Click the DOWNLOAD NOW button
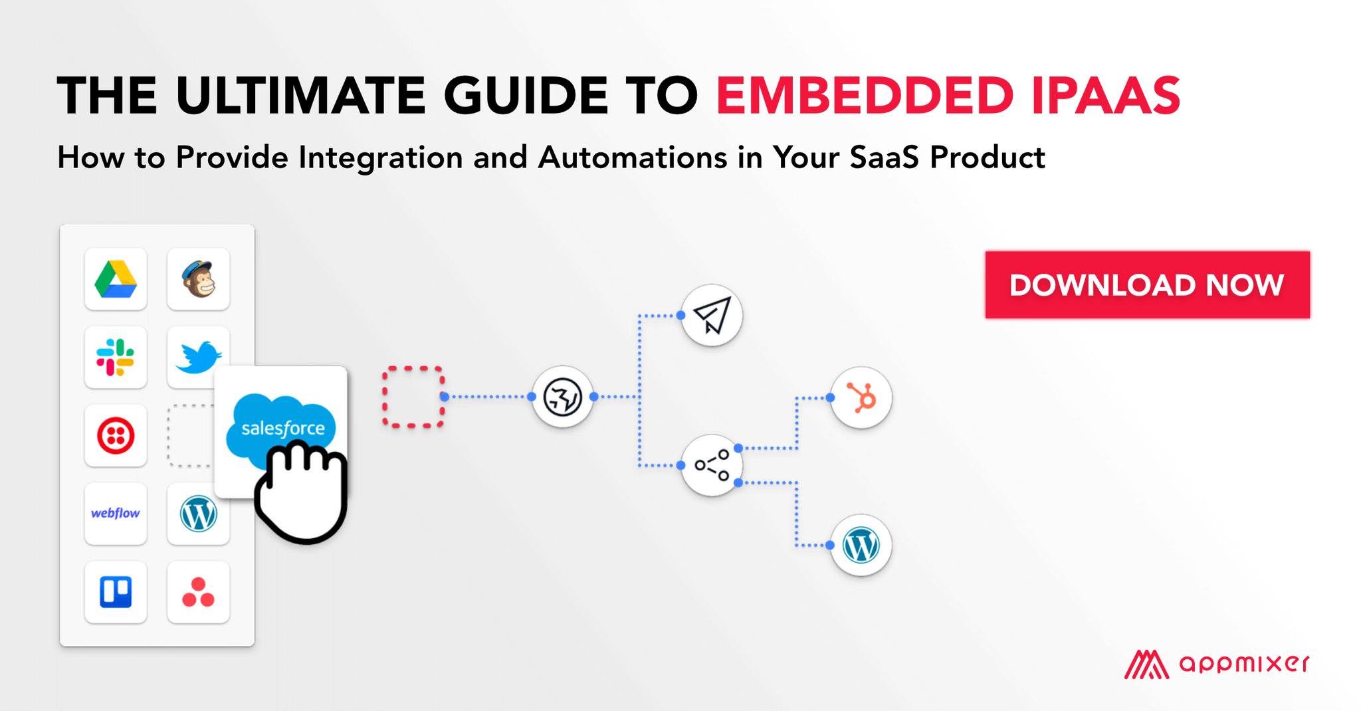click(x=1147, y=285)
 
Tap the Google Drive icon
click(x=116, y=279)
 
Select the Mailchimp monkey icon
click(x=199, y=279)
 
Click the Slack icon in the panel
click(x=116, y=357)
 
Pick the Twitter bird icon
click(x=197, y=357)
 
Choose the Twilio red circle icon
click(x=116, y=436)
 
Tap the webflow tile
click(x=116, y=514)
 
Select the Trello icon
click(x=116, y=592)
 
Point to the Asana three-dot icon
click(x=198, y=592)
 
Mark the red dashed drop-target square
click(x=413, y=397)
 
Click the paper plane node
click(x=712, y=315)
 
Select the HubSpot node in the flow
click(x=861, y=397)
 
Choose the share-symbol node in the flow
click(x=712, y=465)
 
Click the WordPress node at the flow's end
click(x=861, y=545)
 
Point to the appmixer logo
click(x=1216, y=664)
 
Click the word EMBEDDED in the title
click(x=865, y=96)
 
